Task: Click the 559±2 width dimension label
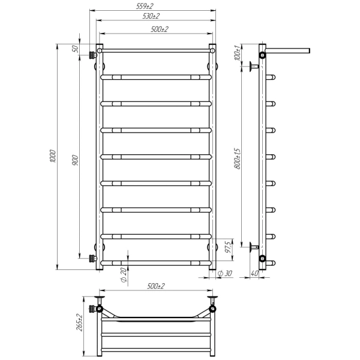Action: click(145, 6)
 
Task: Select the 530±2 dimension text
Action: click(151, 16)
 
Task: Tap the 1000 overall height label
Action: click(53, 157)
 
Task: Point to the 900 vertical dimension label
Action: click(75, 160)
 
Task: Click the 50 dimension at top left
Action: click(75, 49)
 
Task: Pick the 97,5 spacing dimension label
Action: click(228, 247)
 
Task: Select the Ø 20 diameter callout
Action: click(123, 275)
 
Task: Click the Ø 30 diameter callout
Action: click(225, 273)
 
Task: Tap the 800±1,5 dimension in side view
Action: click(238, 158)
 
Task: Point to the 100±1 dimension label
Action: click(238, 53)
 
